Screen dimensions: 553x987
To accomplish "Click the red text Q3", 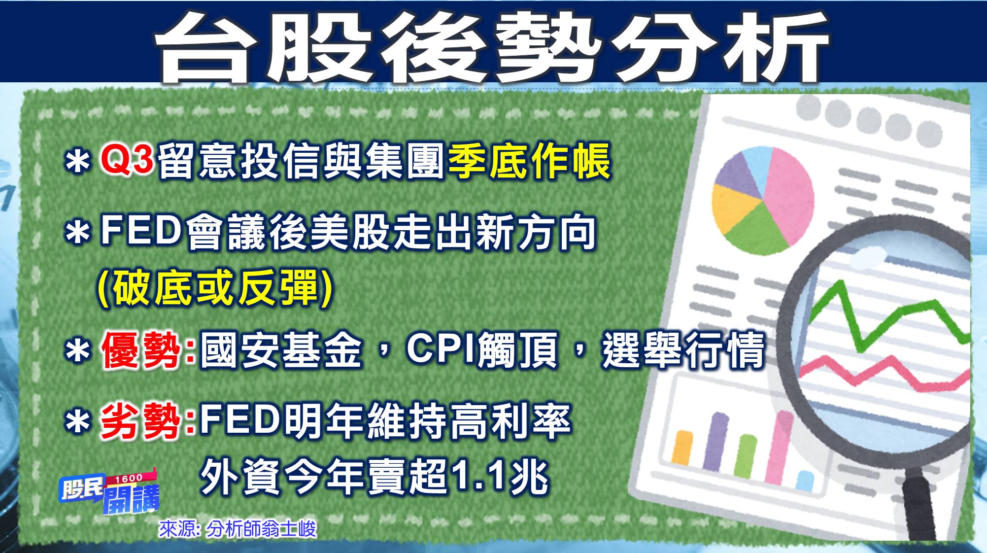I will click(127, 160).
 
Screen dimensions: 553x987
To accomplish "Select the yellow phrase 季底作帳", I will click(529, 161).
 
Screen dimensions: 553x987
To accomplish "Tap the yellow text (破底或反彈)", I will click(215, 288).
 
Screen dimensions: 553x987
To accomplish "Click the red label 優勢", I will click(141, 350).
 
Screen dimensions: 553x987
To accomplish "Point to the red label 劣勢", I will click(141, 421).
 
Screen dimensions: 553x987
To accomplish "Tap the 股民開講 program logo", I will click(109, 493).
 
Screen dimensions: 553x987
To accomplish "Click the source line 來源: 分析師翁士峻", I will click(237, 529).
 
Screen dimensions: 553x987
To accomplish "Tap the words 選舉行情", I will click(683, 350).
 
